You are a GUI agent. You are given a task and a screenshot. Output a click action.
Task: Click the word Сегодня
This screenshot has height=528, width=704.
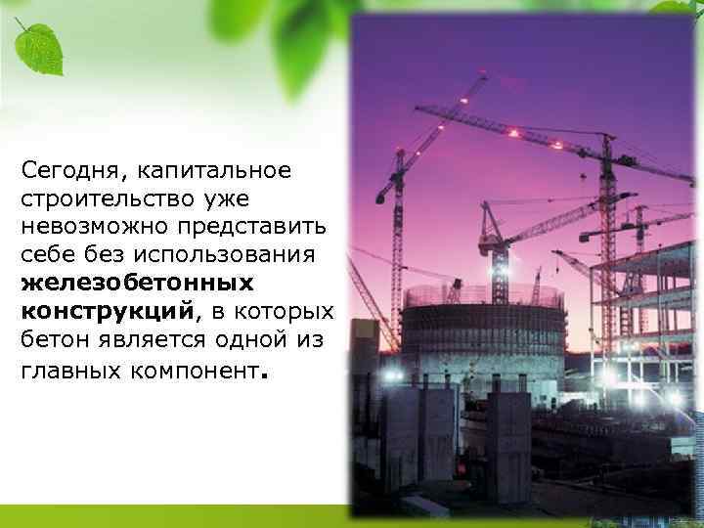[x=65, y=171]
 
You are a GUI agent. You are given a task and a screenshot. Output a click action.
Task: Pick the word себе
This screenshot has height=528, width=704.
[x=46, y=254]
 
